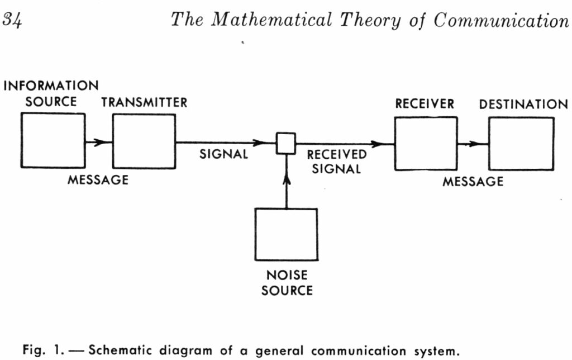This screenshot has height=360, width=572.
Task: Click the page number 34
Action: tap(13, 21)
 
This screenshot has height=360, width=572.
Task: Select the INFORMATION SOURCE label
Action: tap(51, 94)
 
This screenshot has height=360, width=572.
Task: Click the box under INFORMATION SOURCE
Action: tap(53, 140)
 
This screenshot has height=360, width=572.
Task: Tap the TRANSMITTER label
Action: tap(144, 103)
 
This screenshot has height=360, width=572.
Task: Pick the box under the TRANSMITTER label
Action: tap(144, 140)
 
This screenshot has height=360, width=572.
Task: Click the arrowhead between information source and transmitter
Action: tap(101, 142)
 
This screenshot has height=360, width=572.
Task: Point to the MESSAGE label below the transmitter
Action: tap(98, 181)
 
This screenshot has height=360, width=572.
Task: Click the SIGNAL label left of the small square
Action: tap(223, 155)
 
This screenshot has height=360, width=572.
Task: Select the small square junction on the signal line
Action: tap(286, 143)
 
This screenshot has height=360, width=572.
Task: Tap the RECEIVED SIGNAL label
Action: tap(336, 161)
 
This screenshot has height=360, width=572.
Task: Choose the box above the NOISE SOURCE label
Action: tap(286, 234)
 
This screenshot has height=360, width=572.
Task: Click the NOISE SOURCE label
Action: tap(287, 283)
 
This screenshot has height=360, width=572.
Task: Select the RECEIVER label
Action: tap(425, 104)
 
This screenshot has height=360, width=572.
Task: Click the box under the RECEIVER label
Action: tap(425, 143)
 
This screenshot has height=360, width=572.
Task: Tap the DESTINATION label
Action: tap(523, 104)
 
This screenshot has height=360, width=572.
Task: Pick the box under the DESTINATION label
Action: tap(522, 144)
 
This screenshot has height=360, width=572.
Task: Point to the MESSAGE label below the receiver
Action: tap(473, 181)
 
